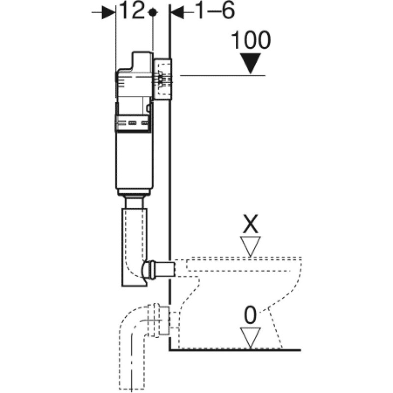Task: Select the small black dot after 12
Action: pos(154,13)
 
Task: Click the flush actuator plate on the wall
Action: pos(163,79)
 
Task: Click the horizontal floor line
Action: pos(236,350)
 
